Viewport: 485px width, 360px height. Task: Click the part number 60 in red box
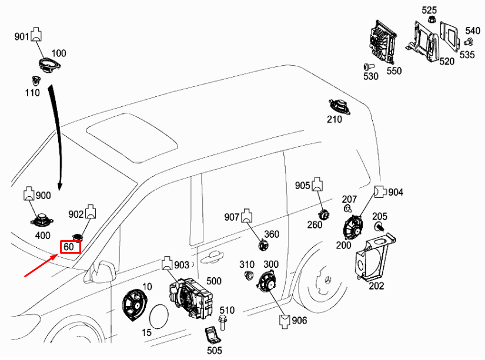(69, 247)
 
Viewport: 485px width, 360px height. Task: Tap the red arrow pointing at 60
(41, 265)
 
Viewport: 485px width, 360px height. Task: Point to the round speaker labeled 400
(42, 221)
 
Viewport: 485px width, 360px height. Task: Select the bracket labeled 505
(212, 337)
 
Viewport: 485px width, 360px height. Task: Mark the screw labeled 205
(379, 226)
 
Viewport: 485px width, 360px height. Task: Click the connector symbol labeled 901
(36, 33)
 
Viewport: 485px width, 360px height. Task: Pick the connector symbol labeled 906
(284, 320)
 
